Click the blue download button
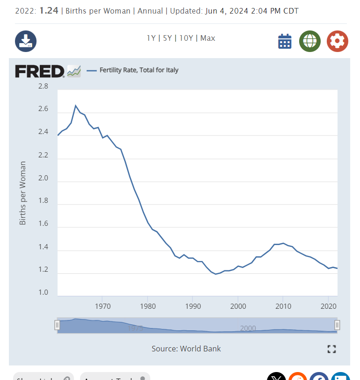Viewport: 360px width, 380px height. (x=26, y=41)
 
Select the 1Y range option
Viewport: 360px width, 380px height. (x=151, y=38)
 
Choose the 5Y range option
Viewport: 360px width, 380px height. (x=167, y=38)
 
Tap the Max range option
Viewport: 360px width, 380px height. (x=207, y=38)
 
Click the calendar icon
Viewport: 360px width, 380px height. (x=285, y=41)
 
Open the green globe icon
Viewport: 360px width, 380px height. (x=310, y=41)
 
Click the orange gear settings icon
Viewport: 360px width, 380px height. (x=337, y=41)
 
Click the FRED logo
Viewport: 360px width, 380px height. (x=40, y=71)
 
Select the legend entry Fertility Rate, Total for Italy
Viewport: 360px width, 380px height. (x=139, y=70)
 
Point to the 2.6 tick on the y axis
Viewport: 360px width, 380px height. (x=43, y=109)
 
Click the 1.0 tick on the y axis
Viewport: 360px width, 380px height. (x=43, y=293)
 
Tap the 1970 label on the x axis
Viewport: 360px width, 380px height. (x=103, y=306)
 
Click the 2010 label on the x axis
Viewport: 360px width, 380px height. (x=283, y=306)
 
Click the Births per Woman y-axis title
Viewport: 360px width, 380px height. (x=22, y=193)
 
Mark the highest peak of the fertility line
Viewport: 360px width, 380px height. (x=76, y=105)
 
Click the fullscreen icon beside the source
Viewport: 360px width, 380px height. (x=332, y=349)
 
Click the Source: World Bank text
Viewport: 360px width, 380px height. (x=186, y=349)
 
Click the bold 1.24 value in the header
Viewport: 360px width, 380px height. (x=49, y=10)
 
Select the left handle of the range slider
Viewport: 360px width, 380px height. (x=57, y=325)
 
